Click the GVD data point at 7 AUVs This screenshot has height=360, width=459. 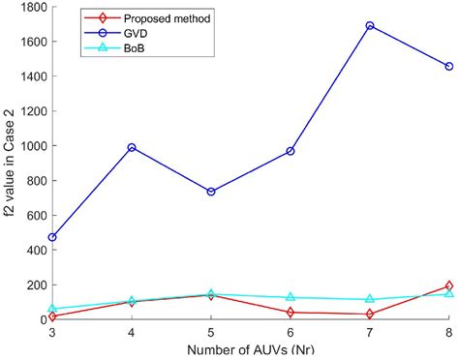point(369,26)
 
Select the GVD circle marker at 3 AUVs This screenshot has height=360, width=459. point(51,237)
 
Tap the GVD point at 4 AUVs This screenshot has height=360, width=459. point(131,147)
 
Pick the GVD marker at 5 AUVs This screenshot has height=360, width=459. point(210,192)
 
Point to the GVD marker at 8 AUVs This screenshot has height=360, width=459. point(448,67)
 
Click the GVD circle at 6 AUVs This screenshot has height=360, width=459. point(290,151)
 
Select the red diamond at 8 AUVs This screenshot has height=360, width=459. point(448,285)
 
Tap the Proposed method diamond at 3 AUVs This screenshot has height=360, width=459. point(51,316)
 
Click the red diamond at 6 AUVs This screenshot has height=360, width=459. point(290,312)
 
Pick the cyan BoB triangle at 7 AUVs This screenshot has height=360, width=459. point(369,299)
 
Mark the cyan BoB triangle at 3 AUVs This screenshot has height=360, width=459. point(51,309)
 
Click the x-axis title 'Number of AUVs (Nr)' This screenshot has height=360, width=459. point(250,350)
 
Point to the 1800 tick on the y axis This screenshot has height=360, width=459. point(32,7)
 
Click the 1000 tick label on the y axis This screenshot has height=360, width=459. point(32,146)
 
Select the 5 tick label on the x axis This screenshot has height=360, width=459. point(210,332)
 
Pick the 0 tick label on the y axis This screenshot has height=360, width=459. point(42,319)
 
